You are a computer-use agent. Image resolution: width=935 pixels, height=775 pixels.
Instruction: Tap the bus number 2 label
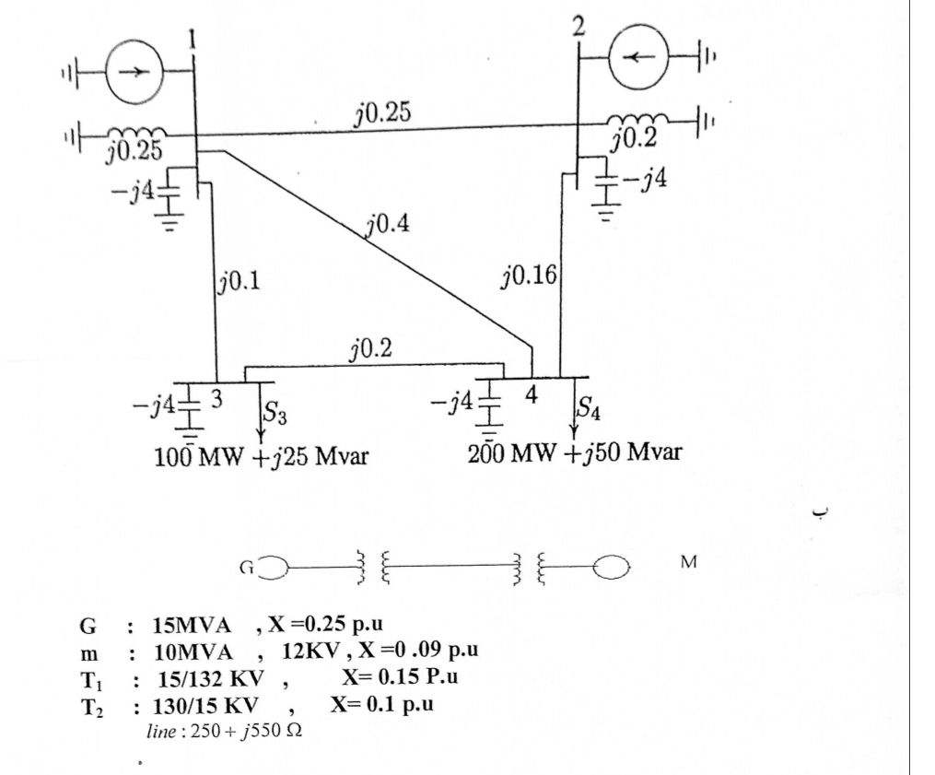[578, 27]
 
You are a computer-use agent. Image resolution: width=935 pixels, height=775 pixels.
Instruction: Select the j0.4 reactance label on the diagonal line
[388, 225]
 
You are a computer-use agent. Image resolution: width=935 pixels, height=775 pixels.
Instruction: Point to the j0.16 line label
[529, 276]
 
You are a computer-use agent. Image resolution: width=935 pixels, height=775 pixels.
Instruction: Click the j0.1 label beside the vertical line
[240, 280]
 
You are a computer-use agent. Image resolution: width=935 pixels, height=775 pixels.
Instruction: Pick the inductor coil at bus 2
[637, 120]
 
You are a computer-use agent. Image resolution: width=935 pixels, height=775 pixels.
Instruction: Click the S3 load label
[275, 412]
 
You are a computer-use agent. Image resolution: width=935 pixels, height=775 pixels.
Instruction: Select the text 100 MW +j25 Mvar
[262, 457]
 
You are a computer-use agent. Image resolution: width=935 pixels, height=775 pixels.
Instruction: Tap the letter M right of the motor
[688, 562]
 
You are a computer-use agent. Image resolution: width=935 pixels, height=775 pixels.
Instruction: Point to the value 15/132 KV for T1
[211, 678]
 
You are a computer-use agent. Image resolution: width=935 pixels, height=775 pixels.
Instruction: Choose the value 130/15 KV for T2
[205, 706]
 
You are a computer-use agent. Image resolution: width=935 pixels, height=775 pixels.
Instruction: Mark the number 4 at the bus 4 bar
[531, 394]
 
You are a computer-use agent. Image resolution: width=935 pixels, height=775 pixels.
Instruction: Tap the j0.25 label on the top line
[383, 112]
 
